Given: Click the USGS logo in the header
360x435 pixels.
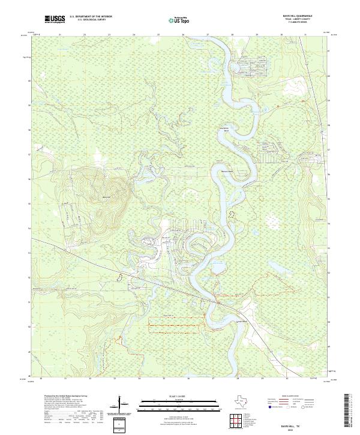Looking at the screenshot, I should pyautogui.click(x=54, y=19).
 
